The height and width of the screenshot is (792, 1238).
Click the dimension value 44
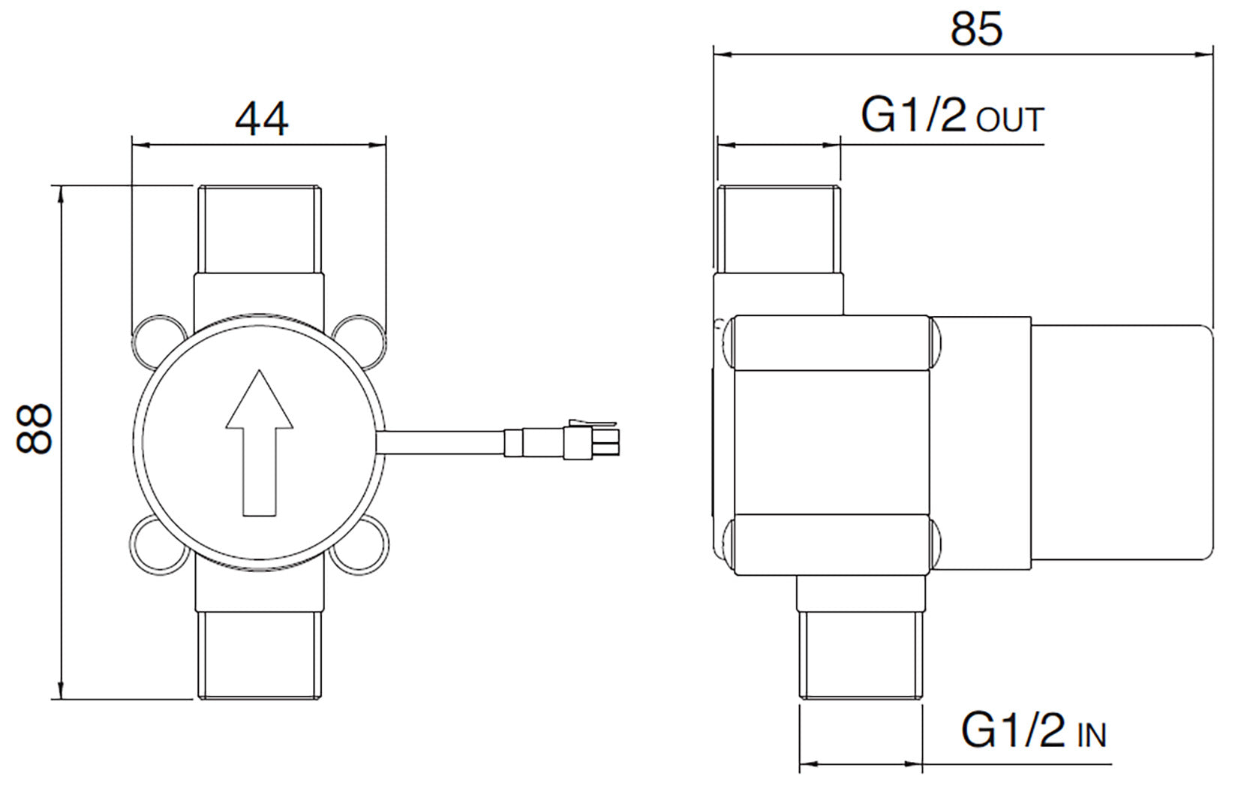click(261, 119)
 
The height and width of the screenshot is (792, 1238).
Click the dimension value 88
click(35, 429)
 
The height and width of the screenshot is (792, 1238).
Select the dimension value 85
click(976, 29)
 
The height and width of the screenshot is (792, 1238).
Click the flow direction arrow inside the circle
click(259, 443)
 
